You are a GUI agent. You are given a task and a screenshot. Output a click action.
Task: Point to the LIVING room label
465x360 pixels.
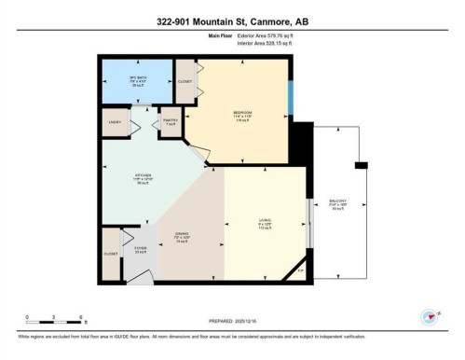(x=266, y=221)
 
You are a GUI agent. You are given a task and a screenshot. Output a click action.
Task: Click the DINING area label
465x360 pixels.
(x=183, y=236)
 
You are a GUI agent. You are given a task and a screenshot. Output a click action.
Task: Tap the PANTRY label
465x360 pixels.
(x=170, y=122)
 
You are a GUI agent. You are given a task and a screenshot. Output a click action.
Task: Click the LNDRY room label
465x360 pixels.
(x=118, y=122)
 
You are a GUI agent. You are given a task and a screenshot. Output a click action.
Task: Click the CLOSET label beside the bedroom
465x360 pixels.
(x=185, y=81)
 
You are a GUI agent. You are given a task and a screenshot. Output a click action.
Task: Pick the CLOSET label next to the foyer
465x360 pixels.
(x=110, y=253)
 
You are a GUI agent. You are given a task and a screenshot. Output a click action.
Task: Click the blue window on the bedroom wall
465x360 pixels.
(x=292, y=93)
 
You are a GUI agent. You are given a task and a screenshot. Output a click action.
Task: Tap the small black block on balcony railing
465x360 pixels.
(x=360, y=166)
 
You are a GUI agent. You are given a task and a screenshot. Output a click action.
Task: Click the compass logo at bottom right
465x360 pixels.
(x=429, y=316)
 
